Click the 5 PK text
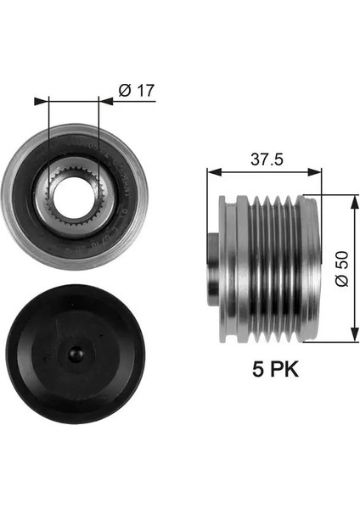[x=266, y=370]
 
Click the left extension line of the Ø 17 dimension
[x=50, y=127]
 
